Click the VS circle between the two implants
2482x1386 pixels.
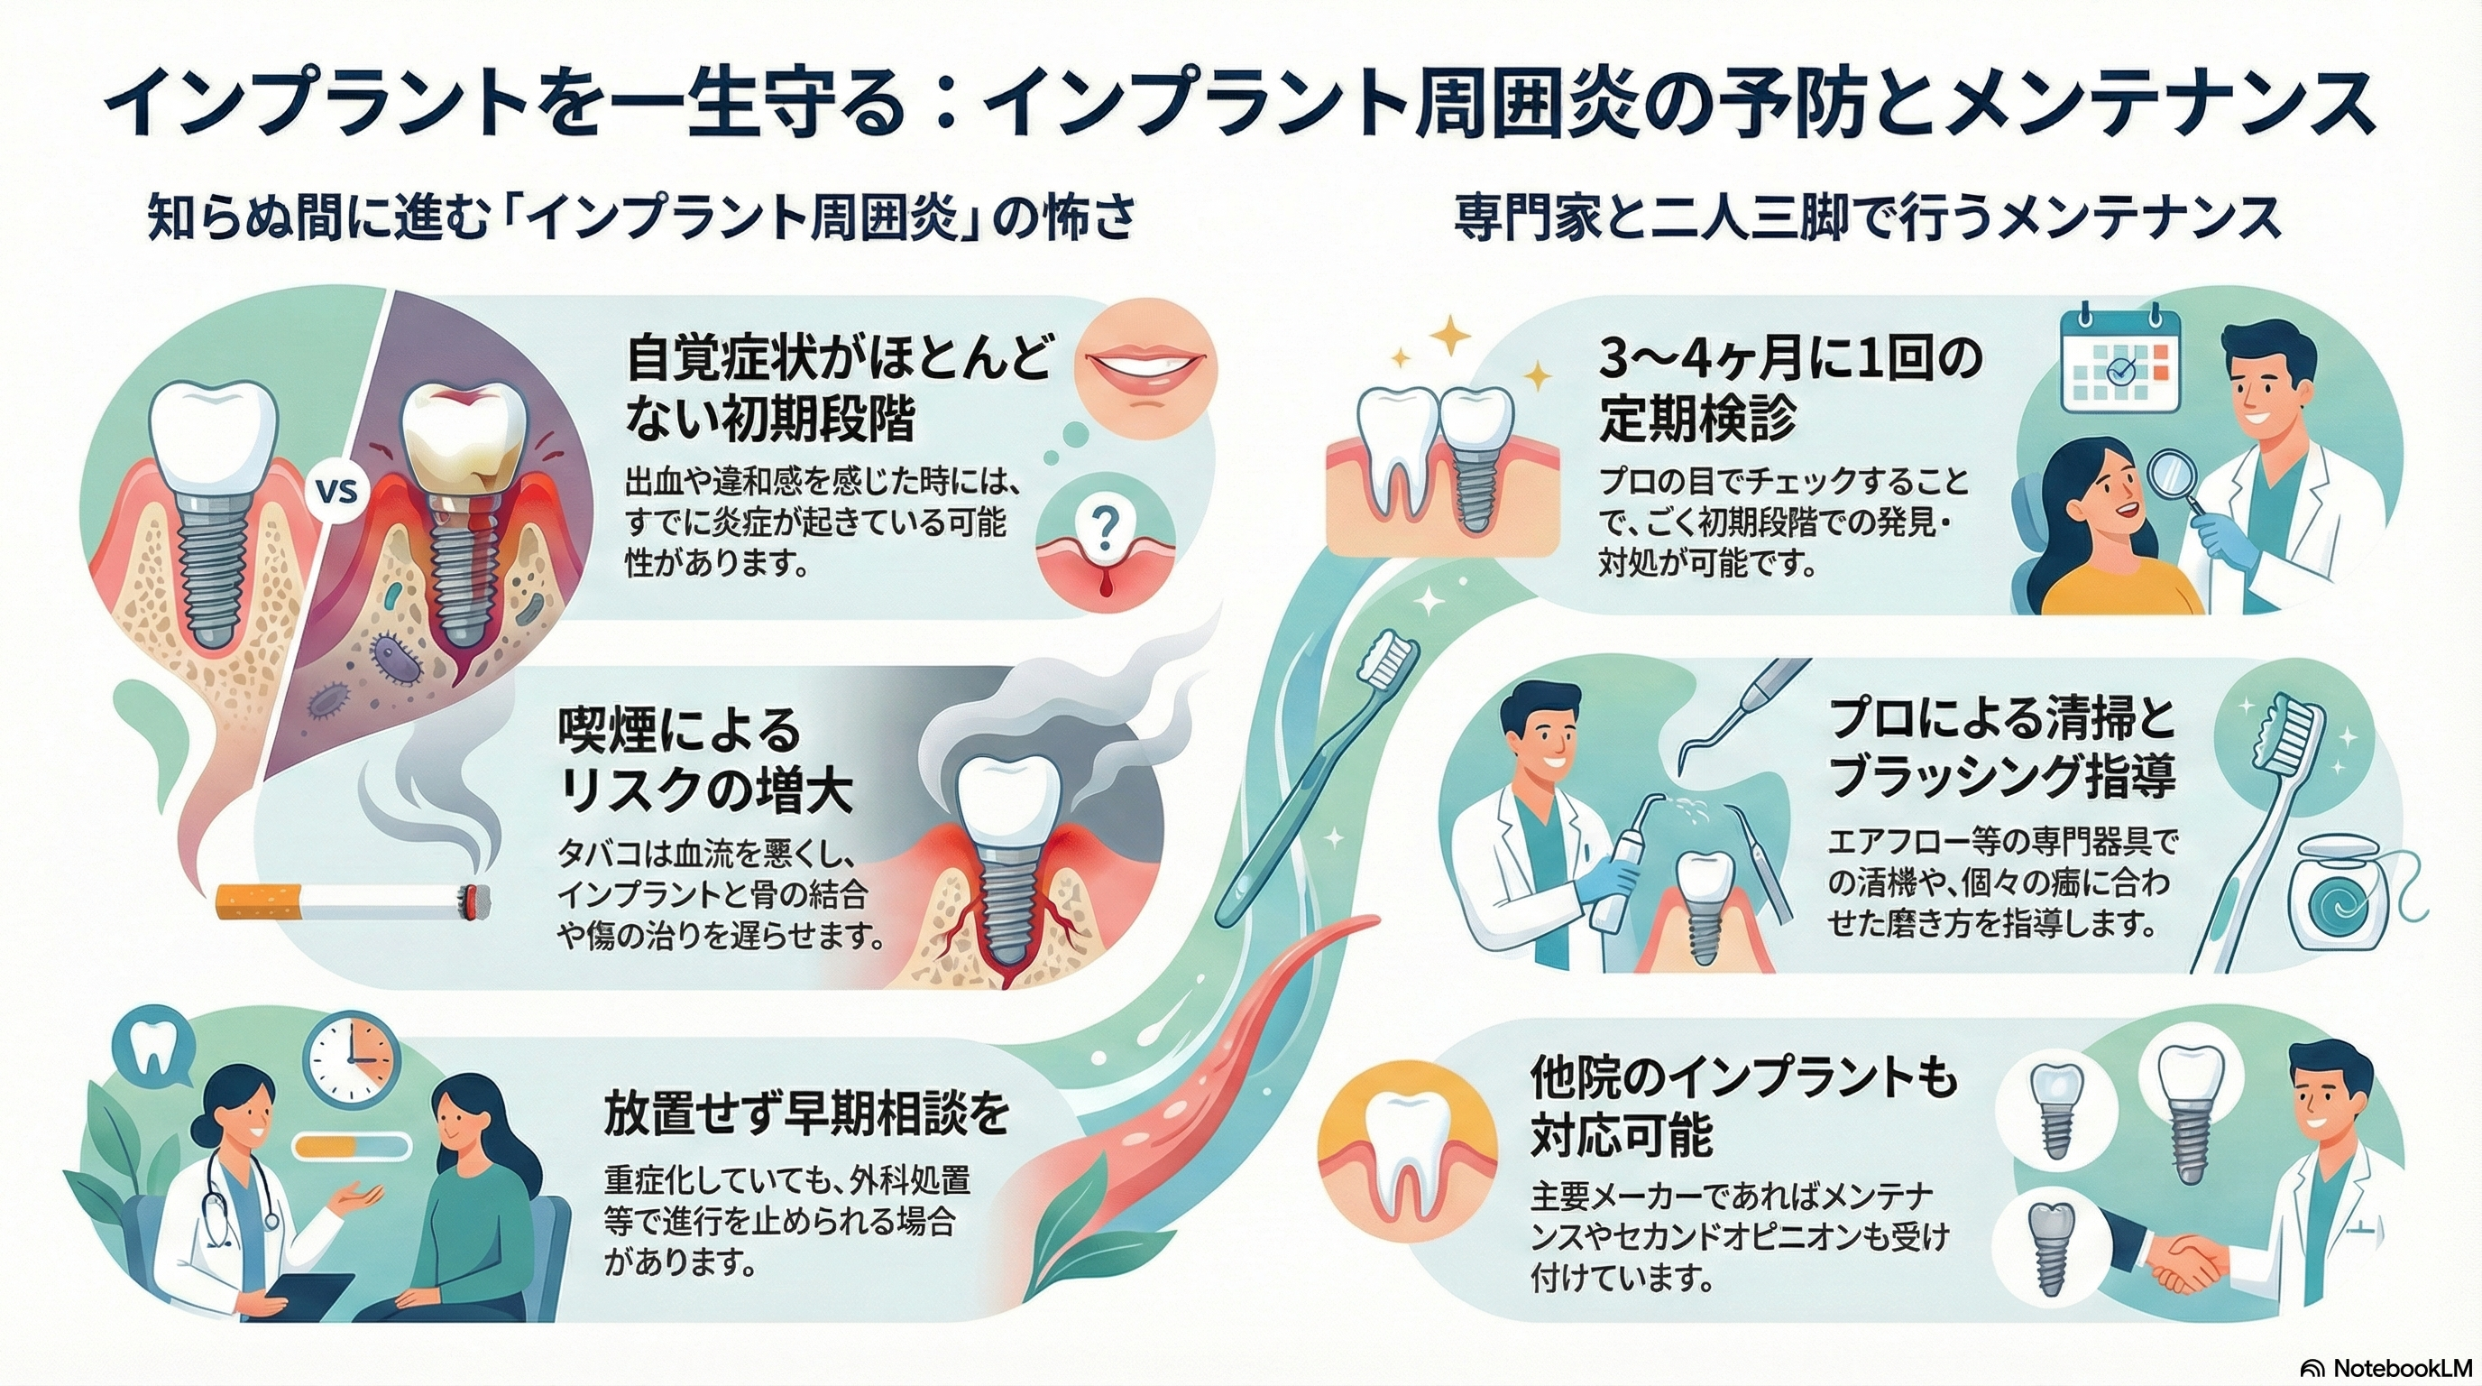tap(336, 493)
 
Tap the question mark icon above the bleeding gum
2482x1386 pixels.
tap(1106, 524)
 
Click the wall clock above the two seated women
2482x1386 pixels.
tap(352, 1059)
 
